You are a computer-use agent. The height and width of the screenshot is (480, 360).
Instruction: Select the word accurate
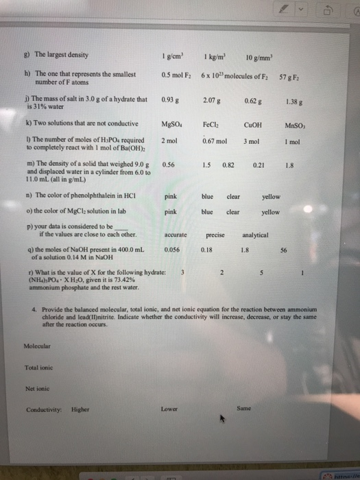177,235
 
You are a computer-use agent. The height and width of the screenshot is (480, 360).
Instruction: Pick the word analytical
258,235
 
